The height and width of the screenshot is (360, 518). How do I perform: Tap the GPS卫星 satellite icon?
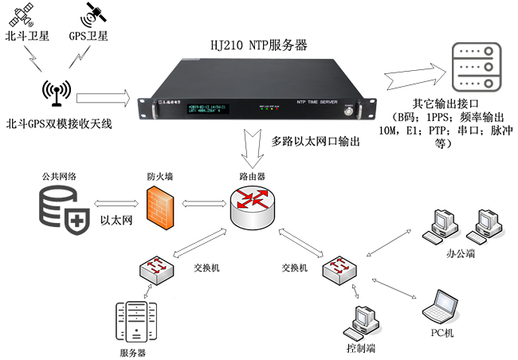coord(95,13)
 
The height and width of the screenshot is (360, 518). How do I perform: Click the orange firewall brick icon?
coord(159,204)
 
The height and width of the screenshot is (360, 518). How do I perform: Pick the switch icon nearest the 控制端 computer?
coord(339,270)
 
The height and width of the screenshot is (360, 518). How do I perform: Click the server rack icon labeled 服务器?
coord(131,320)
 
